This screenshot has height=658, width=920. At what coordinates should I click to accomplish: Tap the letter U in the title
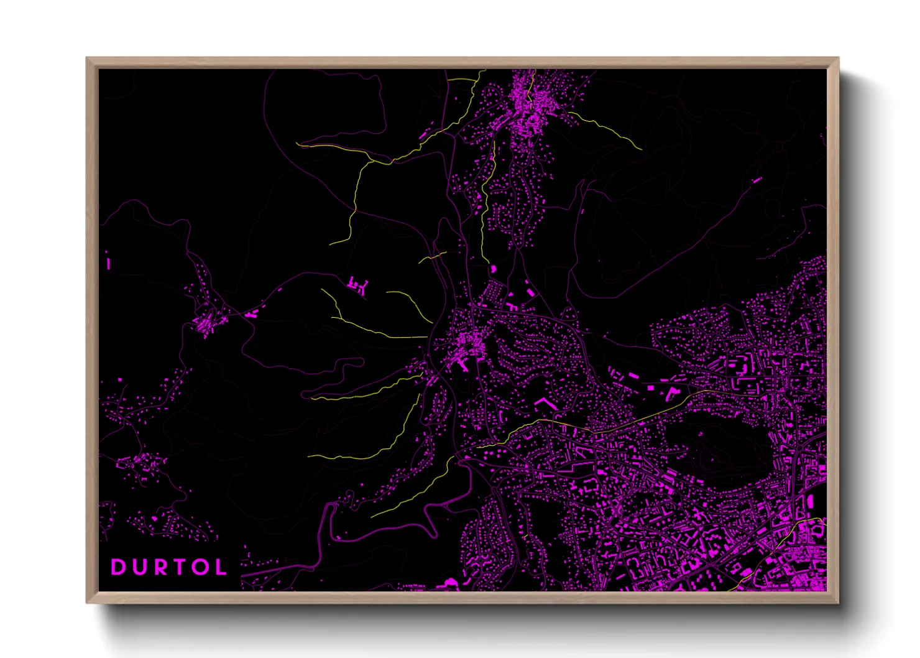point(138,567)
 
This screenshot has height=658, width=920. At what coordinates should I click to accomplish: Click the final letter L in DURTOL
point(220,567)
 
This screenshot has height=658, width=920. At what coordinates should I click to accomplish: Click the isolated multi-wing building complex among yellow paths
point(357,287)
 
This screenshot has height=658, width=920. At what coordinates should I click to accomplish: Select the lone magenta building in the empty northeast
point(757,180)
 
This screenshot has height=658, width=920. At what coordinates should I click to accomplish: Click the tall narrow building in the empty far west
point(108,262)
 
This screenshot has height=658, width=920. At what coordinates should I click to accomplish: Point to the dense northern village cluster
point(527,109)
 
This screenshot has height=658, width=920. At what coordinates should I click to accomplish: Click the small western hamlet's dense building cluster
point(208,323)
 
